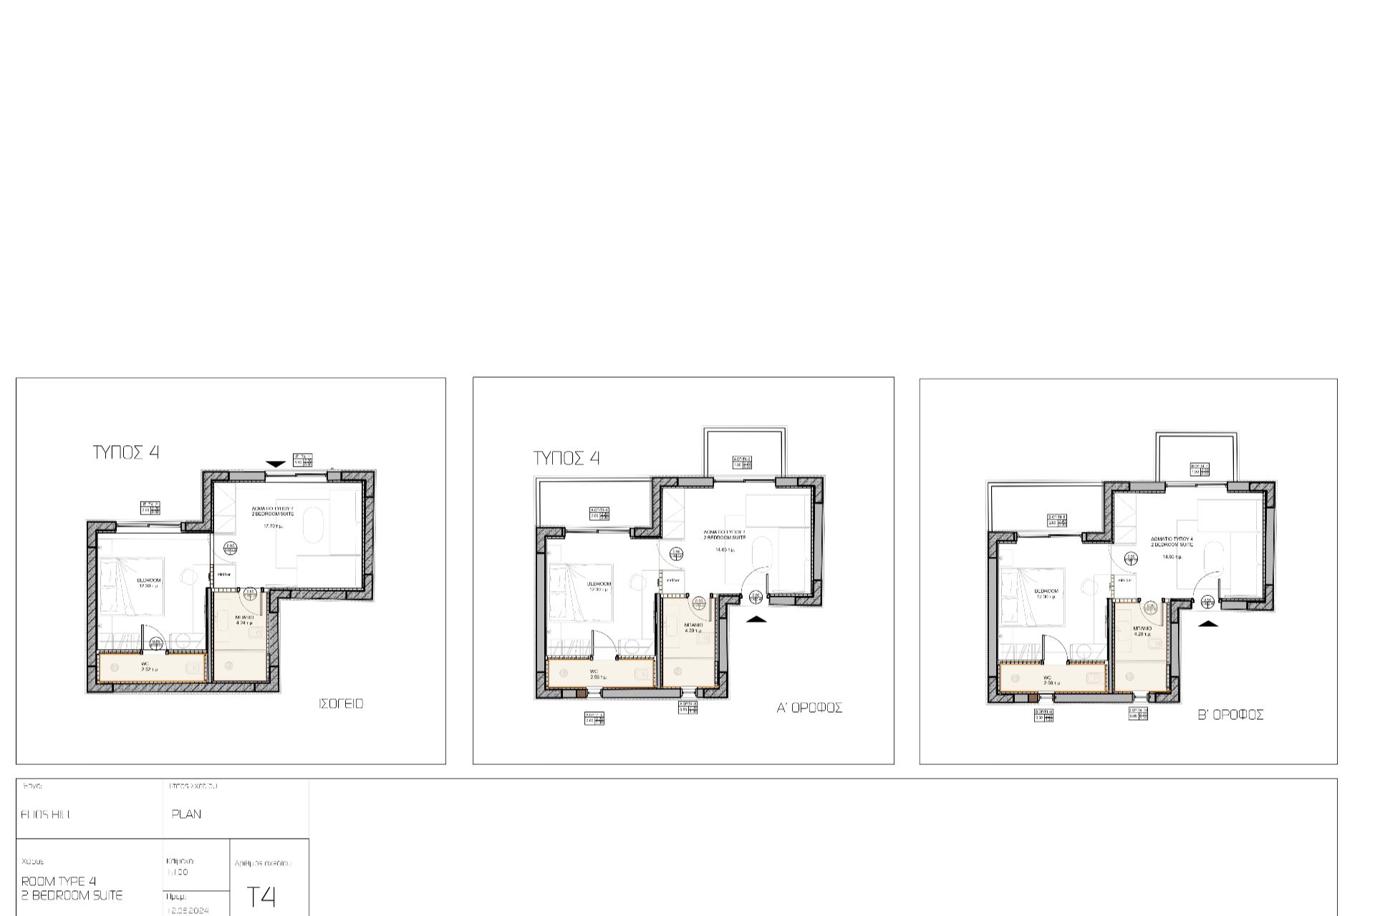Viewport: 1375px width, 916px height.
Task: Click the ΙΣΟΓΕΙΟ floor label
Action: pos(341,704)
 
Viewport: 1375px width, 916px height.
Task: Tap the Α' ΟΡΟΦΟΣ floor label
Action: pos(809,708)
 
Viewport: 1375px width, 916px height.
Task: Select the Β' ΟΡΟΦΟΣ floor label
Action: pos(1230,715)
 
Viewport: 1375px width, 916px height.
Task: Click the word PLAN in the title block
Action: pos(186,814)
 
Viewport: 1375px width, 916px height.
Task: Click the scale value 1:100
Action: pos(177,872)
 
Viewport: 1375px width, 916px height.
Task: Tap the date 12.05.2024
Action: pos(188,911)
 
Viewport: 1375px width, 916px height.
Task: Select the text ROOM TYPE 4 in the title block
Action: pos(59,881)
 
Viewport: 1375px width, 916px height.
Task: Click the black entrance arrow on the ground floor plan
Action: pos(275,464)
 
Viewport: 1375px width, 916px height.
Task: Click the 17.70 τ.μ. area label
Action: pos(273,526)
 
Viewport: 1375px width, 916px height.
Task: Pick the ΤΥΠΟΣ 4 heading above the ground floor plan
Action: pos(126,452)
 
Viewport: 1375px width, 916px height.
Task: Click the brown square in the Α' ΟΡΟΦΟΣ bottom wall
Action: pos(580,693)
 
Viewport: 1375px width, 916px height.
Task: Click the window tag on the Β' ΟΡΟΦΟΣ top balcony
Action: pos(1200,469)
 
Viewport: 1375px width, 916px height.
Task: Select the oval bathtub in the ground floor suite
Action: pos(313,526)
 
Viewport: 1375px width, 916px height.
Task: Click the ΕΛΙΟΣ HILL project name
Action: pos(46,814)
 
